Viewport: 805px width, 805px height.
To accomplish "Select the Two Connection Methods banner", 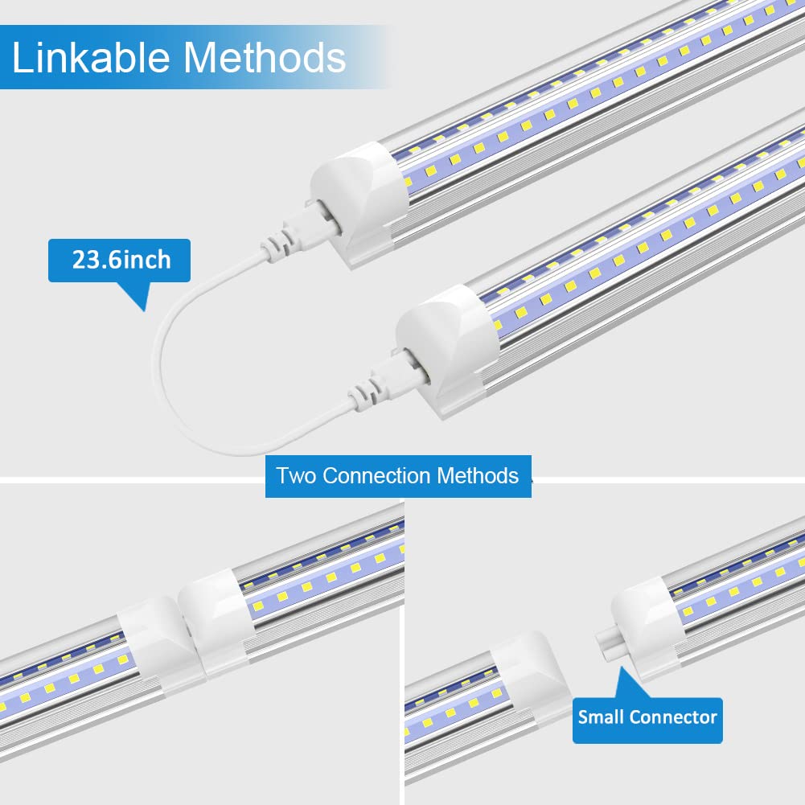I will point(398,475).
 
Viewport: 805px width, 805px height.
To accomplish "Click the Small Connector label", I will point(647,716).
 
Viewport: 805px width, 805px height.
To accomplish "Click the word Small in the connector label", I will point(601,716).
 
